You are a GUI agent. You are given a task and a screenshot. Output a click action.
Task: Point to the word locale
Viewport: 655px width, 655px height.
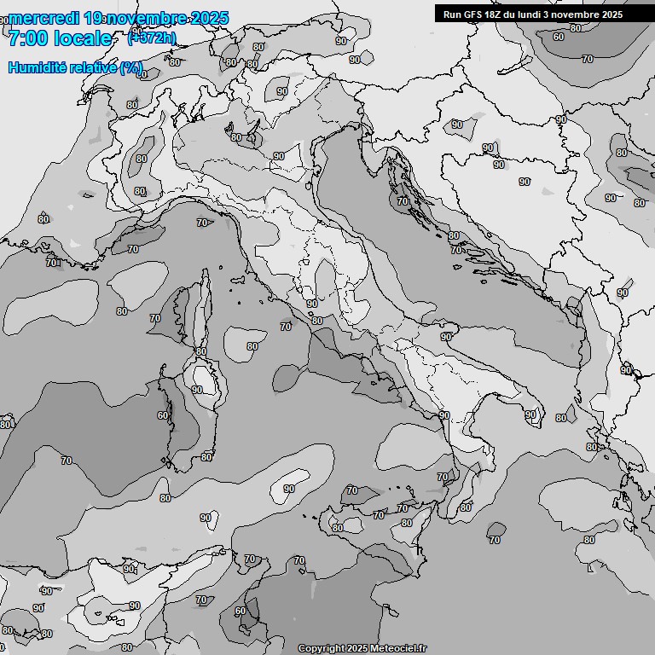click(x=83, y=38)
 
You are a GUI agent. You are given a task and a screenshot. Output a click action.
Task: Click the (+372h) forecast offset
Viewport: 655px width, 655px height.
click(x=152, y=38)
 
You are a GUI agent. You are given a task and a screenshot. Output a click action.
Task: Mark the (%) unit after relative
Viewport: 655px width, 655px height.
click(x=130, y=67)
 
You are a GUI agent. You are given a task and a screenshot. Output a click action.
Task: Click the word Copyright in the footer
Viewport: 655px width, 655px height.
click(x=321, y=648)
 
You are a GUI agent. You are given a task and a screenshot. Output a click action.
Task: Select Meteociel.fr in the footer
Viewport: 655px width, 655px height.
click(x=401, y=648)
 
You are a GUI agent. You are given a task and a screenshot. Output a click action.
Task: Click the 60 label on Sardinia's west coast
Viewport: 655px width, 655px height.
click(x=163, y=415)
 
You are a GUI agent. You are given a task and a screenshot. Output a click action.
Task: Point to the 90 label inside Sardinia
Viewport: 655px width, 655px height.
click(x=197, y=390)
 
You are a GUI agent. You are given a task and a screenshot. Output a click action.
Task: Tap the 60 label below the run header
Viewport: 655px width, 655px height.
click(x=558, y=37)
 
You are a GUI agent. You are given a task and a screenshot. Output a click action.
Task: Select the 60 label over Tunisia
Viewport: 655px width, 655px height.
click(x=240, y=611)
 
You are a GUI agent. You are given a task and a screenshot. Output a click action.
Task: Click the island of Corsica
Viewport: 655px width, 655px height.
click(x=197, y=311)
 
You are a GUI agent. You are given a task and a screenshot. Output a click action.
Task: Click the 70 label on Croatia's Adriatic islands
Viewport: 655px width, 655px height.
click(x=403, y=200)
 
